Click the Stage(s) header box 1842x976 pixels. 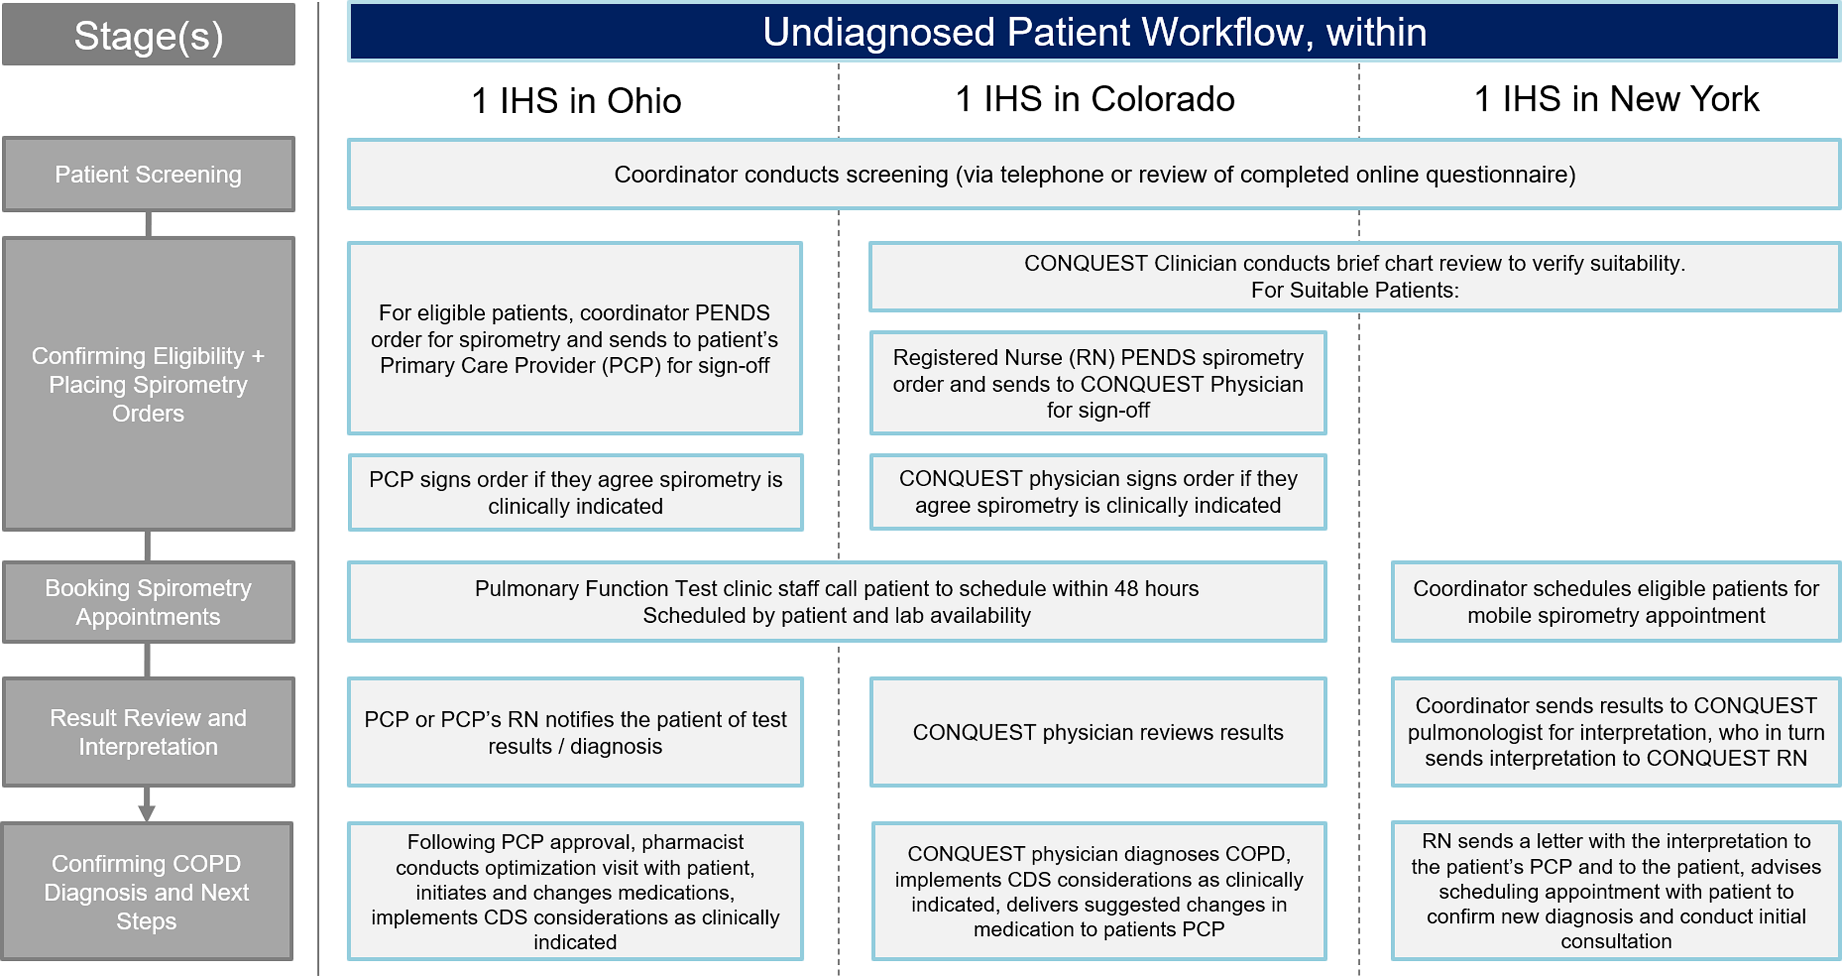point(149,34)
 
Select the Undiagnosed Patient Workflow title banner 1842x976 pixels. point(1094,32)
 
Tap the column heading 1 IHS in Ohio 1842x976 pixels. point(577,100)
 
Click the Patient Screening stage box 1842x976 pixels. point(149,175)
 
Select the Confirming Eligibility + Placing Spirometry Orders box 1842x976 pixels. point(149,384)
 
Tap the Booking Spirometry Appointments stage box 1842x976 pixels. point(149,602)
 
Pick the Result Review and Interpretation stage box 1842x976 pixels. point(149,732)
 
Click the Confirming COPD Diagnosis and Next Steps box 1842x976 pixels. point(147,892)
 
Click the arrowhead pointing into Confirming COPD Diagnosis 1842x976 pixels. point(146,813)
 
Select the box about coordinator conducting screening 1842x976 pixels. point(1094,175)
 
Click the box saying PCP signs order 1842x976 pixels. point(576,492)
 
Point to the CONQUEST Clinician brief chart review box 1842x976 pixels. point(1355,277)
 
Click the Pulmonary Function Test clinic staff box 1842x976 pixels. point(837,601)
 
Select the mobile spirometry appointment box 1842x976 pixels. point(1616,601)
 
